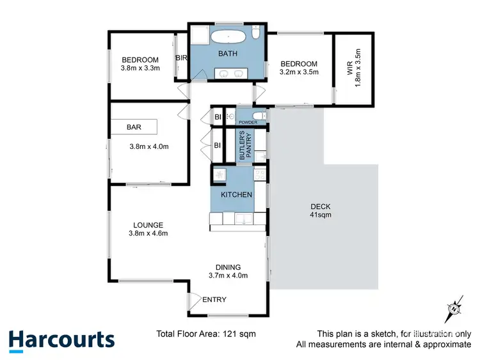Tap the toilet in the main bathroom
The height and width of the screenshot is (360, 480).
pos(255,33)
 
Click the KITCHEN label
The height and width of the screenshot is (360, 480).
pos(236,194)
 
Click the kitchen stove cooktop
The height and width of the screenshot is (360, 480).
pos(260,174)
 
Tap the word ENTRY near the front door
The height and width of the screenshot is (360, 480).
pos(214,300)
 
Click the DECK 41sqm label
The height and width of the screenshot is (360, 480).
pos(321,210)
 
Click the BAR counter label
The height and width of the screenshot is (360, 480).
pos(134,127)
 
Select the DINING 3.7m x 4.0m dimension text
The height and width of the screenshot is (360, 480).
pos(228,276)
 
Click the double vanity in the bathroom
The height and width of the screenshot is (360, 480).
pos(232,74)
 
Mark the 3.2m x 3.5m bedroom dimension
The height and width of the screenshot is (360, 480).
pos(300,73)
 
